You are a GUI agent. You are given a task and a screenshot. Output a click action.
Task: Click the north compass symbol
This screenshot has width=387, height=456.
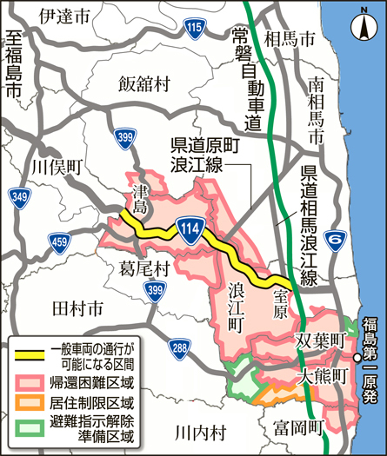pyautogui.click(x=363, y=26)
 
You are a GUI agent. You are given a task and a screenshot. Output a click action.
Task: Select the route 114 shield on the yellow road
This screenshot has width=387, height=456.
pyautogui.click(x=190, y=228)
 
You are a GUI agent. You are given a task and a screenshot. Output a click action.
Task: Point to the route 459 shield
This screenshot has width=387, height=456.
pyautogui.click(x=60, y=241)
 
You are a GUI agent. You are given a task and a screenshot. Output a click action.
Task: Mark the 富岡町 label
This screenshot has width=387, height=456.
pyautogui.click(x=297, y=426)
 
